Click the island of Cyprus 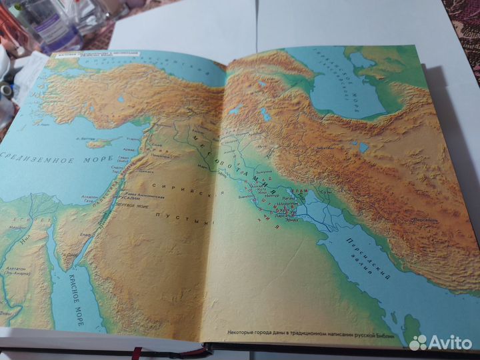tap(98, 143)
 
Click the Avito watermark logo tap(441, 342)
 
